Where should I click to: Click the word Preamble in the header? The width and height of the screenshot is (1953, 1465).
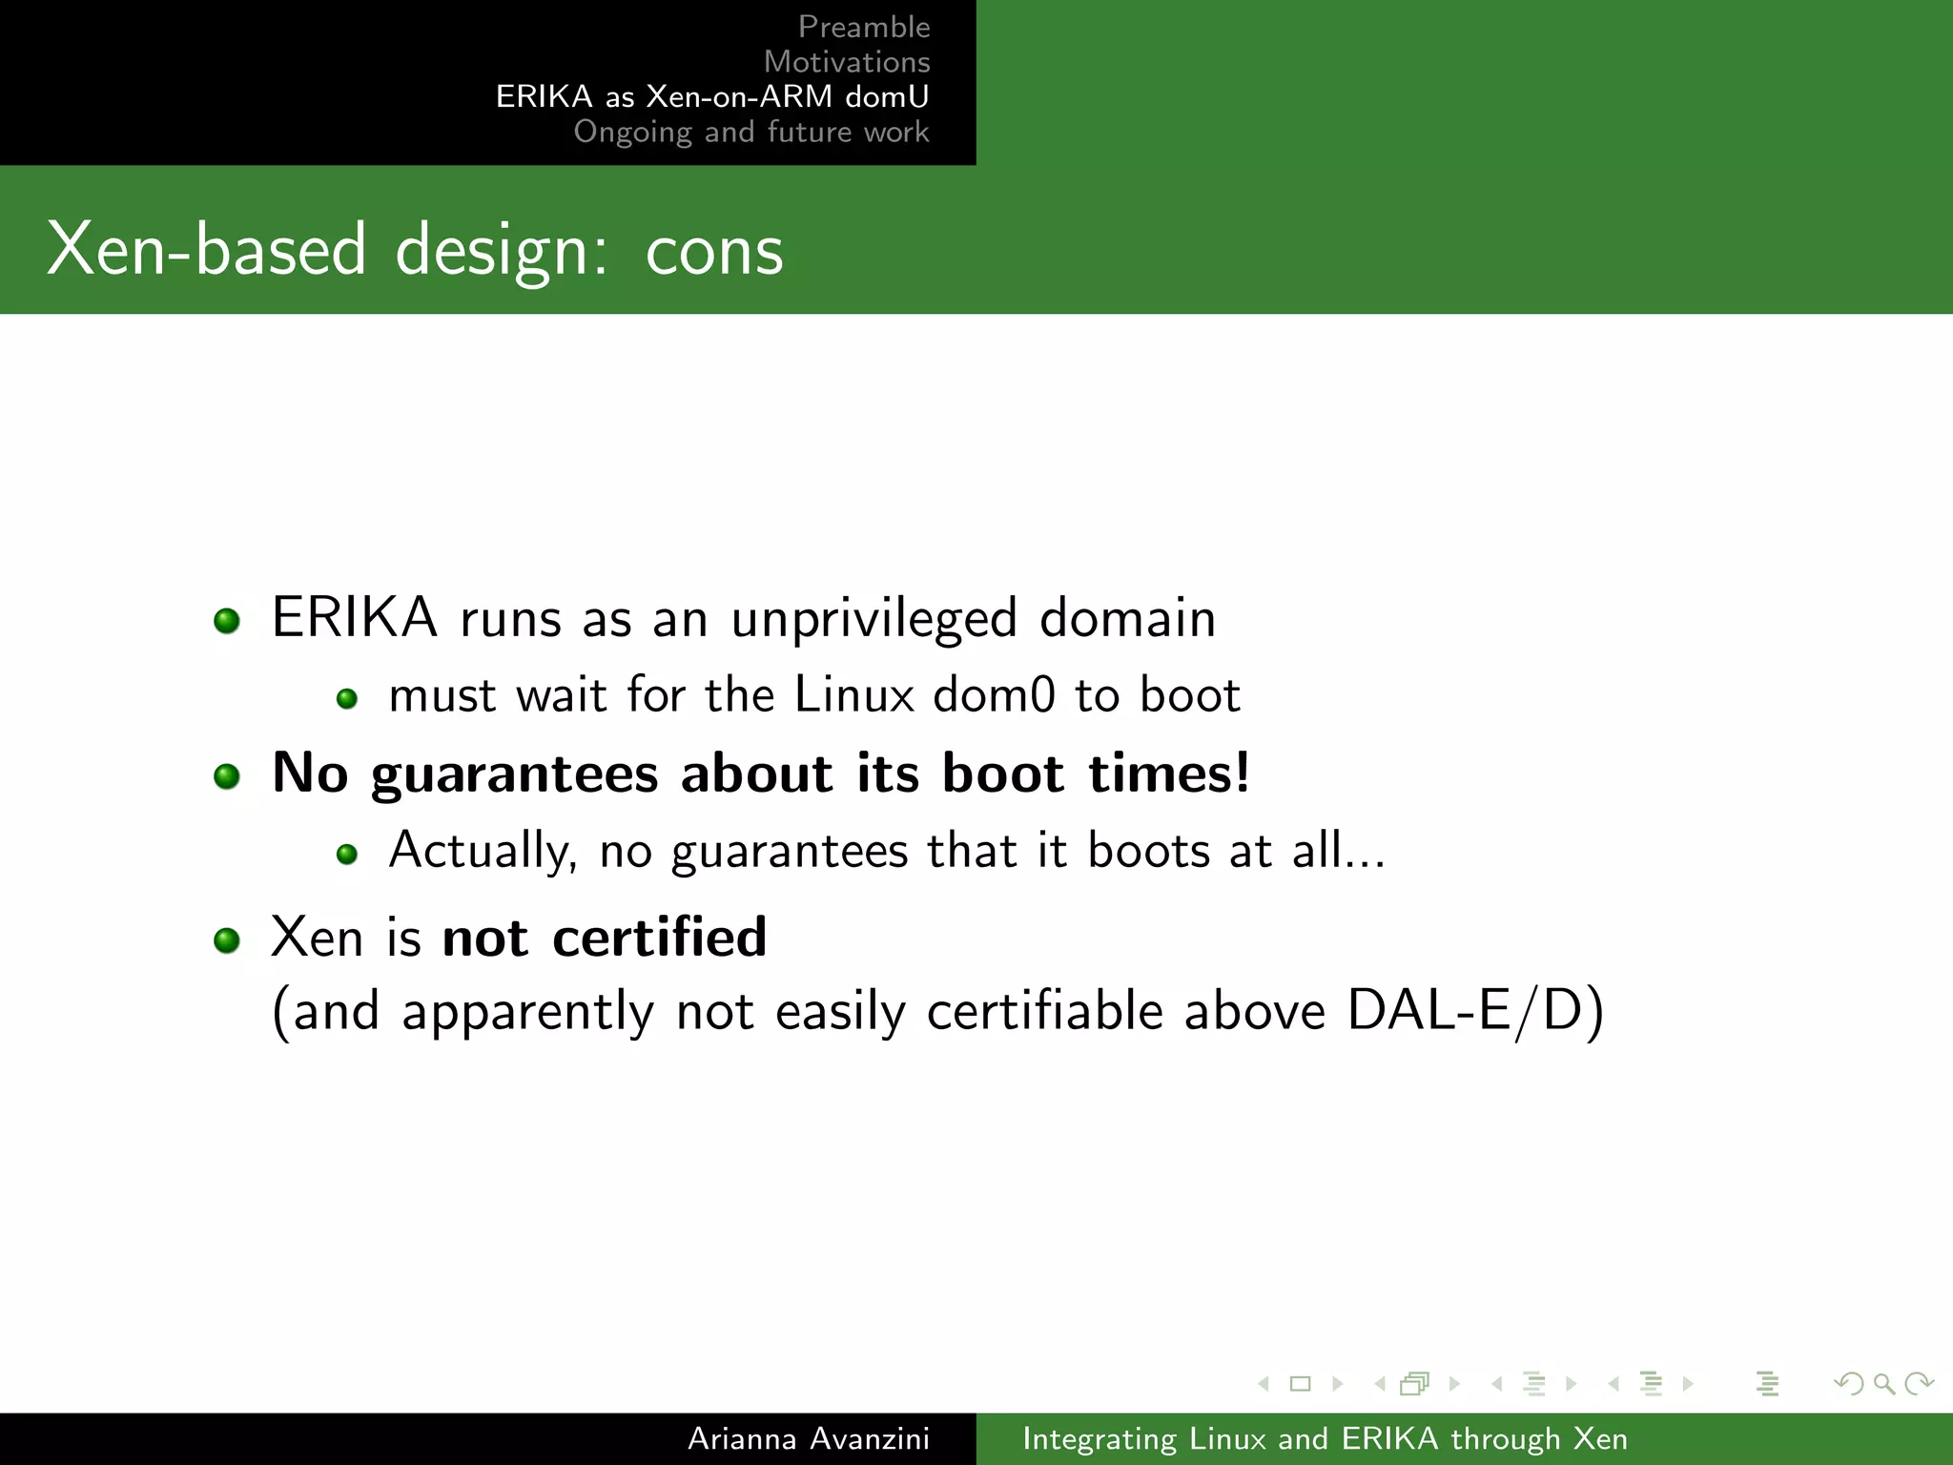click(863, 27)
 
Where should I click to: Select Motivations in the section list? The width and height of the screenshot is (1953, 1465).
click(846, 62)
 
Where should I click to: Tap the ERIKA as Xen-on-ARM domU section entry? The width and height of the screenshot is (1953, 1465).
click(711, 96)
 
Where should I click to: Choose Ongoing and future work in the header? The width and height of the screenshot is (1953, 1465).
click(750, 132)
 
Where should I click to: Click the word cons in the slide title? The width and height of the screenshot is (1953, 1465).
click(713, 250)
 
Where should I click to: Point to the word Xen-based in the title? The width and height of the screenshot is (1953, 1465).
click(206, 250)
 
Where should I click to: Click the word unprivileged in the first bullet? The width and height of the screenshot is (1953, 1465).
click(874, 618)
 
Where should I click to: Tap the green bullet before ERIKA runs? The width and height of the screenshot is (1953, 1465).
click(227, 622)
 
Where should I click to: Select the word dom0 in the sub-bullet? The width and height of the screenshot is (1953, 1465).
click(994, 694)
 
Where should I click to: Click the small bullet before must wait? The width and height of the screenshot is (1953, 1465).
click(347, 699)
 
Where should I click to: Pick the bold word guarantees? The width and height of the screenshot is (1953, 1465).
click(514, 774)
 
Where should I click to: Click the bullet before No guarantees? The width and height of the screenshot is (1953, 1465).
click(227, 776)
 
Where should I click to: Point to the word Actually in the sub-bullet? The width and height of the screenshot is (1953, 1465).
click(483, 851)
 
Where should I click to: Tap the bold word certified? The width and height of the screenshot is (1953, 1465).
click(659, 937)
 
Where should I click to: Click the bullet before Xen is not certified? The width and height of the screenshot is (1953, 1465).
click(227, 941)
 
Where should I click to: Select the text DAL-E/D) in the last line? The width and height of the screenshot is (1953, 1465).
click(1475, 1011)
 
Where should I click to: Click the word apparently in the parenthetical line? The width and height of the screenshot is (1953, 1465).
click(527, 1013)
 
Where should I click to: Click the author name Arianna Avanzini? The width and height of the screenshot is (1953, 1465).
click(808, 1438)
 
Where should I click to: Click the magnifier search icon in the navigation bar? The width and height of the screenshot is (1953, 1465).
click(1883, 1383)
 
